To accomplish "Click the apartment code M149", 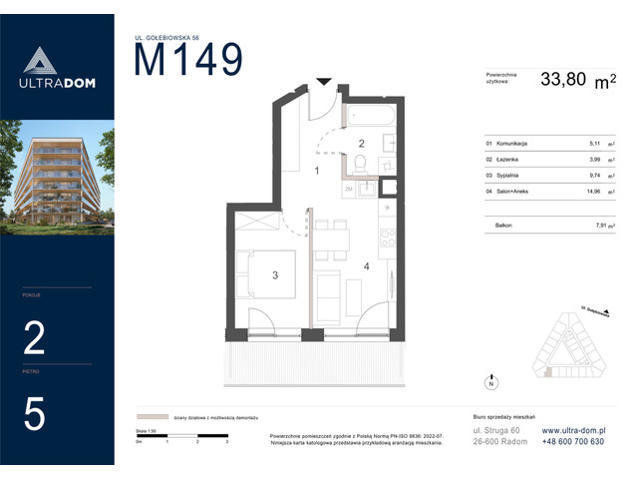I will tap(187, 61).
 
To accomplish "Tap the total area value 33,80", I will tap(563, 80).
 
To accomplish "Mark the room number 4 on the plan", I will tap(366, 265).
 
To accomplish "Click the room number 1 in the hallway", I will tap(316, 171).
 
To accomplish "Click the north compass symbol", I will tap(489, 382).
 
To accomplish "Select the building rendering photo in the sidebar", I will tap(57, 178).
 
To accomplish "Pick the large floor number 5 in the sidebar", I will tap(34, 413).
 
